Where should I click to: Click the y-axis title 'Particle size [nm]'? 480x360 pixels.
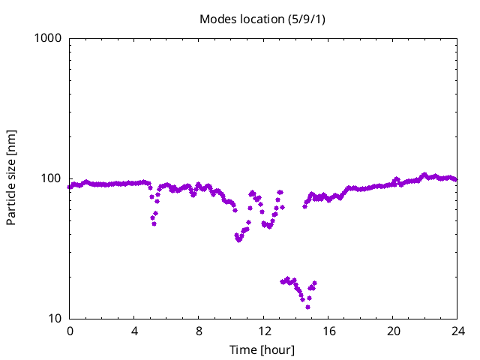pos(11,178)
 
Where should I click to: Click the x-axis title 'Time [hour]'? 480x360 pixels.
pos(262,350)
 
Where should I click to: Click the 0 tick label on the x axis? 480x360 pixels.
pos(70,331)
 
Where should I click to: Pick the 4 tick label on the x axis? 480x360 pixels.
pos(134,331)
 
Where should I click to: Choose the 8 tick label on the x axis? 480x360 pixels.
pos(199,331)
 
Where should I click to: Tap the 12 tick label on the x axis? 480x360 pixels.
pos(264,331)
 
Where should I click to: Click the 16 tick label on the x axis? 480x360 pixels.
pos(328,331)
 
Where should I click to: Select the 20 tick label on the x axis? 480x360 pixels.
pos(393,331)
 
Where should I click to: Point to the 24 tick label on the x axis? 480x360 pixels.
pos(457,331)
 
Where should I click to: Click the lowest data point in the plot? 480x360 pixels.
pos(307,307)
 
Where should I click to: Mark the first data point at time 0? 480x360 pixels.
pos(70,187)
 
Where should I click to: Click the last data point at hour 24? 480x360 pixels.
pos(456,180)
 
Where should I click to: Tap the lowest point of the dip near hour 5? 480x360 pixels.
pos(154,223)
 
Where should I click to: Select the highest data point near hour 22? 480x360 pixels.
pos(424,175)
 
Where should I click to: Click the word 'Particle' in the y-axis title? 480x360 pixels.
pos(11,202)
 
